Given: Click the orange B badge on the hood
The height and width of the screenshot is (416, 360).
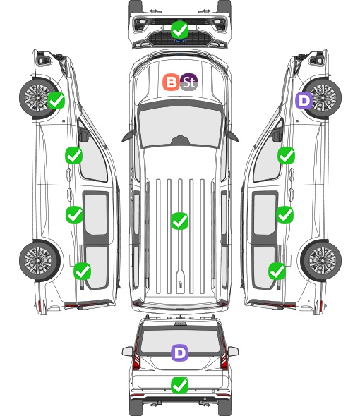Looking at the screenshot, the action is [x=171, y=82].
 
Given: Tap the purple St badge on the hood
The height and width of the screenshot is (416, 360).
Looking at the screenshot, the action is [x=189, y=82].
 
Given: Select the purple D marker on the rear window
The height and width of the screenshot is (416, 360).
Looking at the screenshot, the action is [x=180, y=353].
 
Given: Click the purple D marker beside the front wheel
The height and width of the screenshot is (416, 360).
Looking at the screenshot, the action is [x=304, y=100].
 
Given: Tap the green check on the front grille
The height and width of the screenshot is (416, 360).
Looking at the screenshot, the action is [x=179, y=30].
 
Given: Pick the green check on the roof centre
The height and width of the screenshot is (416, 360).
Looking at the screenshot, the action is [x=179, y=221].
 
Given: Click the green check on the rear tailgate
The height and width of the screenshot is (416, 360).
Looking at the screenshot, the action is [x=179, y=385].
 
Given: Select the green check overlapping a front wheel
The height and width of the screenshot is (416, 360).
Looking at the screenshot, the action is [x=56, y=100].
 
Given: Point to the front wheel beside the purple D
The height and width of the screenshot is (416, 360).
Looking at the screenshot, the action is [x=322, y=98].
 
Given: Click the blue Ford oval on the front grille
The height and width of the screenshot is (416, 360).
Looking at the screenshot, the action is [x=180, y=41].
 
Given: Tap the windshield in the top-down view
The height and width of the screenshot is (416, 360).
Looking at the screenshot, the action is [x=180, y=127].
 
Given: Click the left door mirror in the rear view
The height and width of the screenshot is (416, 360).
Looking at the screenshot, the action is [x=127, y=352].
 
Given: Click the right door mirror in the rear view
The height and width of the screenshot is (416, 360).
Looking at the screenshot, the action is [x=233, y=352].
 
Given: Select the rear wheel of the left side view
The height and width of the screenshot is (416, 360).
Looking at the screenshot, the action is [x=40, y=261].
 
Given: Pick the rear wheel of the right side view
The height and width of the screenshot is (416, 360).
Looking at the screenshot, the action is [x=321, y=261].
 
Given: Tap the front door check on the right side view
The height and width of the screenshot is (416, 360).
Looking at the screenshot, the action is [x=286, y=155].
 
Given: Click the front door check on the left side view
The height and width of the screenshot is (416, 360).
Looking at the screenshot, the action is [x=74, y=155].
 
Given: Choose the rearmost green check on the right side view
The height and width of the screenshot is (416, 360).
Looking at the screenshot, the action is [x=277, y=271].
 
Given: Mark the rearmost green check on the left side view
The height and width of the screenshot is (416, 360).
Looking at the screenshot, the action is [x=83, y=271].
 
